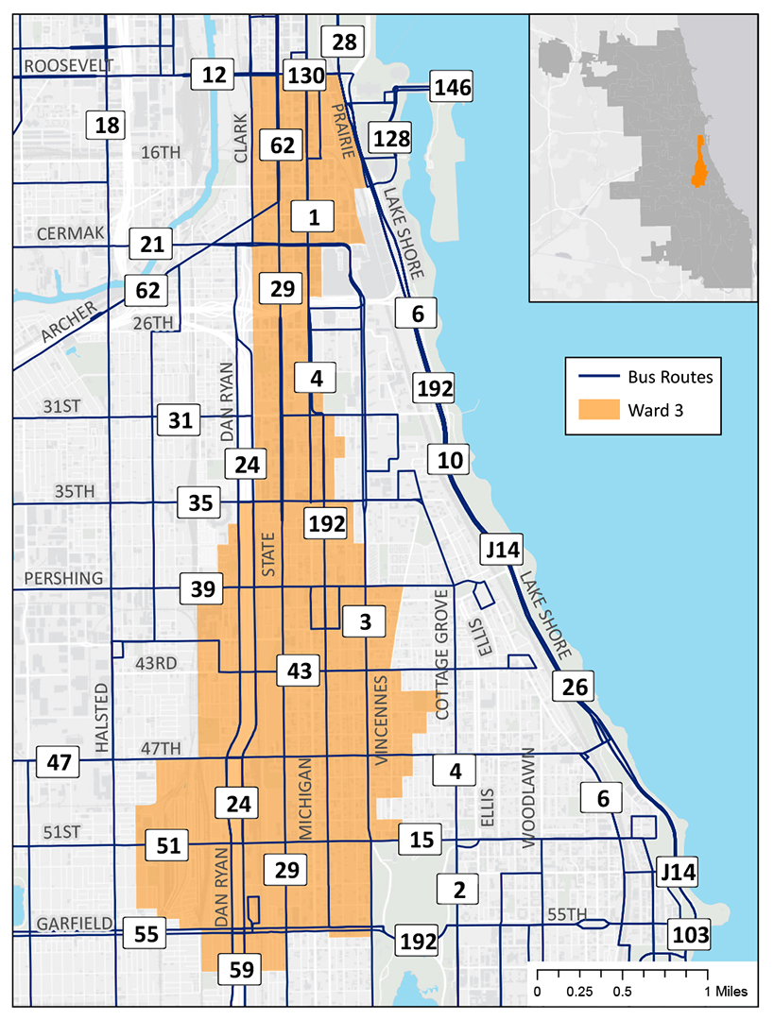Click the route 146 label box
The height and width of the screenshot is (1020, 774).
point(451,88)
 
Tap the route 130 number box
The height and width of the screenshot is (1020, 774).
point(305,75)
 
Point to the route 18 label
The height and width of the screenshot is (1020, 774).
point(107,125)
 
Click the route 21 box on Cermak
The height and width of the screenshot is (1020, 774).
point(152,245)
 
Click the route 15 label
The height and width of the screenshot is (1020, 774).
point(421,838)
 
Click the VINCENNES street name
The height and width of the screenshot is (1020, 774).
point(382,720)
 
